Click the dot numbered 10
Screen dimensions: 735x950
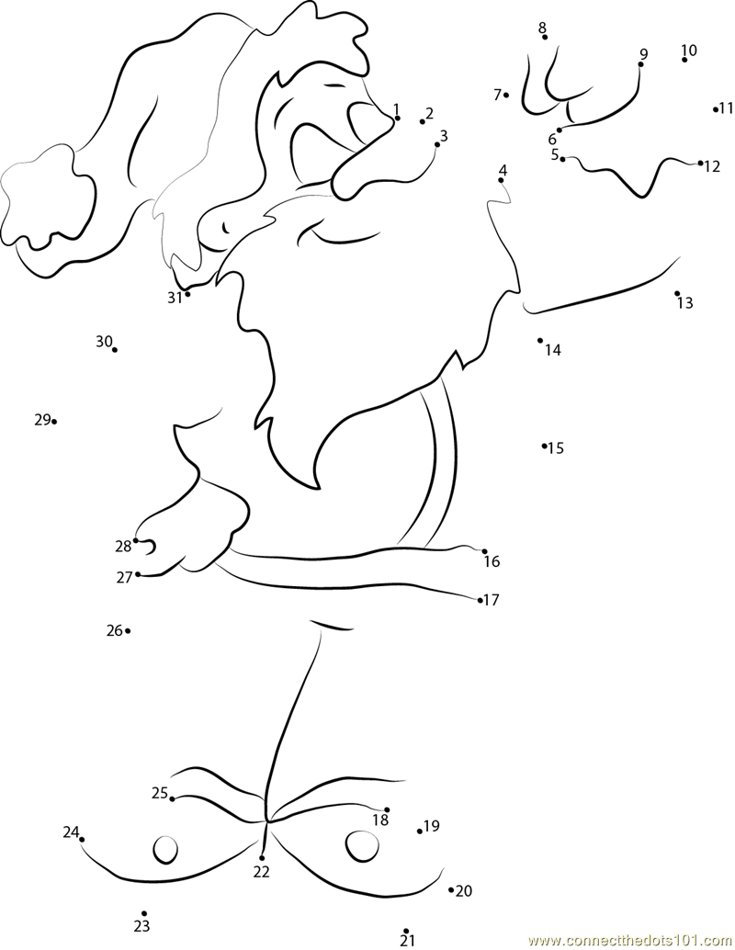[x=684, y=60]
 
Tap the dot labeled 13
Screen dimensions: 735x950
[x=677, y=293]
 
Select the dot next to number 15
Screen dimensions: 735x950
[x=544, y=446]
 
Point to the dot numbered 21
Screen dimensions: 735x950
[x=406, y=931]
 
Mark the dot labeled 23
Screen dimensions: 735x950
[x=144, y=913]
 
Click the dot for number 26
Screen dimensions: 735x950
[x=128, y=631]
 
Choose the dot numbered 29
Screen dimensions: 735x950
[x=54, y=422]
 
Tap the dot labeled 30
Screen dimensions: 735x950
[x=115, y=349]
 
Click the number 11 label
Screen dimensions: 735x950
[x=727, y=109]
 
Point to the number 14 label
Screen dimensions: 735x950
[x=552, y=349]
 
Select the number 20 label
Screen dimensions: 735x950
[x=464, y=890]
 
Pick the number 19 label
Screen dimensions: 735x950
[x=432, y=826]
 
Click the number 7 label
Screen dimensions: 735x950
[x=497, y=95]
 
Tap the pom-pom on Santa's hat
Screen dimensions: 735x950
[x=49, y=195]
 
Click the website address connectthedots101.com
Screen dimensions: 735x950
[x=632, y=940]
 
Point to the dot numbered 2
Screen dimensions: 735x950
[x=423, y=122]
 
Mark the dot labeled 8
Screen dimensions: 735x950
[x=545, y=37]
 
